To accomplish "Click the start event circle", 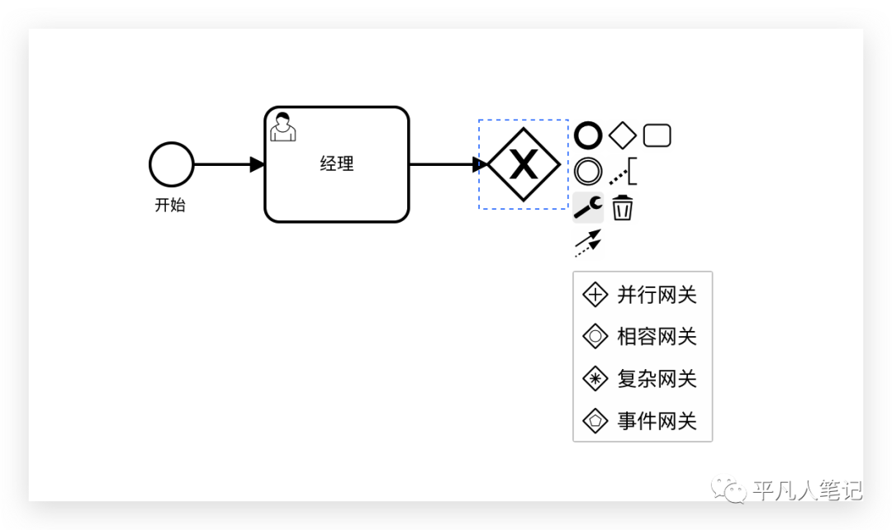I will pos(171,164).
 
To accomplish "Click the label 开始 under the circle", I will pos(170,206).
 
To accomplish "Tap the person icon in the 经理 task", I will pos(283,126).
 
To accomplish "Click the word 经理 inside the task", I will pos(336,164).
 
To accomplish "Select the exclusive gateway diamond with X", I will pos(524,164).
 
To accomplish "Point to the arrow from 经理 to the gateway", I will pos(446,164).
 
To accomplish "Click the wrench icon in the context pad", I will pos(588,208).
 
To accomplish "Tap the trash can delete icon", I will pos(623,208).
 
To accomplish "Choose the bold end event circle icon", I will pos(588,135).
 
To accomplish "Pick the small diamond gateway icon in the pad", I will pos(623,135).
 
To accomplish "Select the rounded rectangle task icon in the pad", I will pos(657,135).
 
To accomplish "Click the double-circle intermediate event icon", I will pos(588,172).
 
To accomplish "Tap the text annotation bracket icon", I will pos(624,173).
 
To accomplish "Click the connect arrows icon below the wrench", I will pos(588,244).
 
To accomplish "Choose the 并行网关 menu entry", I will pos(642,295).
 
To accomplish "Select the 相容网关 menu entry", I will pos(642,337).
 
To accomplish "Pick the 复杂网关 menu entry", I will pos(642,379).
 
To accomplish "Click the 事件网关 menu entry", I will pos(642,421).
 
